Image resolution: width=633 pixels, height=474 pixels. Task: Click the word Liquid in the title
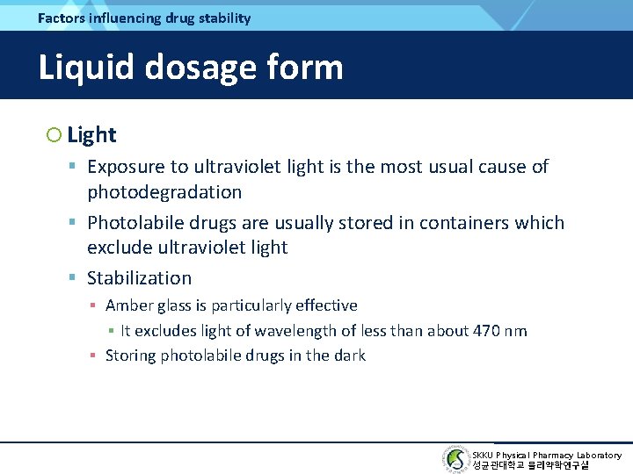(86, 68)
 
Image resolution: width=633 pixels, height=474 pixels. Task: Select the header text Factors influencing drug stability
(144, 18)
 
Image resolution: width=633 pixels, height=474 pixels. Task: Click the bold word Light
(91, 135)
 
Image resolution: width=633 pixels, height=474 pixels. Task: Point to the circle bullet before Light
(54, 135)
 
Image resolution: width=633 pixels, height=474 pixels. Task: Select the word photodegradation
(164, 191)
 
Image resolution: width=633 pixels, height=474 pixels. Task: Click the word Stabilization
(139, 278)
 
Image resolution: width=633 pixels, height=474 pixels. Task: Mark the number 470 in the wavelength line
(479, 331)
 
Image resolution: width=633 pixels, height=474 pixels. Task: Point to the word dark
(348, 355)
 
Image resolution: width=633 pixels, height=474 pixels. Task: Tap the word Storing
(130, 355)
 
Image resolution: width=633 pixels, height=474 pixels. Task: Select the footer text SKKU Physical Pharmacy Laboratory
(547, 455)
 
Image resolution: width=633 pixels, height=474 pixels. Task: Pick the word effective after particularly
(325, 305)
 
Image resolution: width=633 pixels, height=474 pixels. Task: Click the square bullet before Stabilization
(74, 278)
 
